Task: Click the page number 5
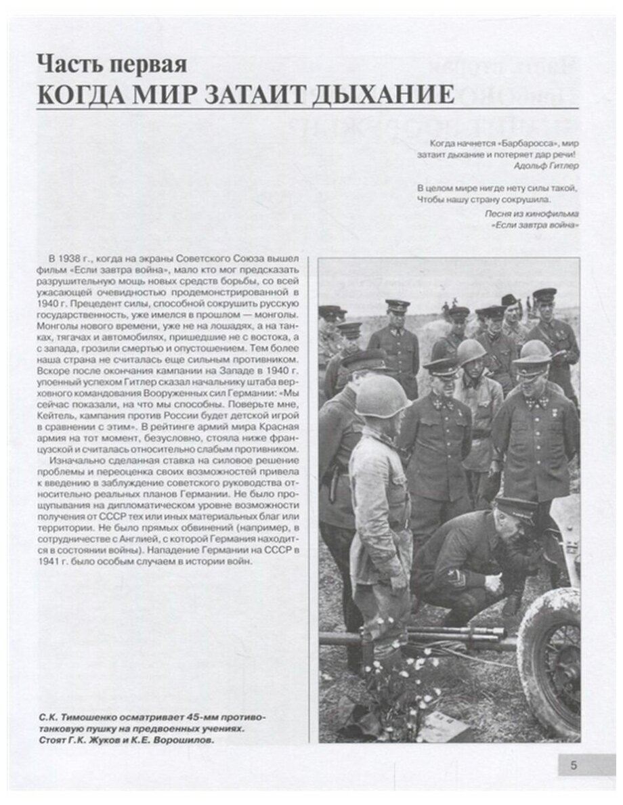pos(574,766)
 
